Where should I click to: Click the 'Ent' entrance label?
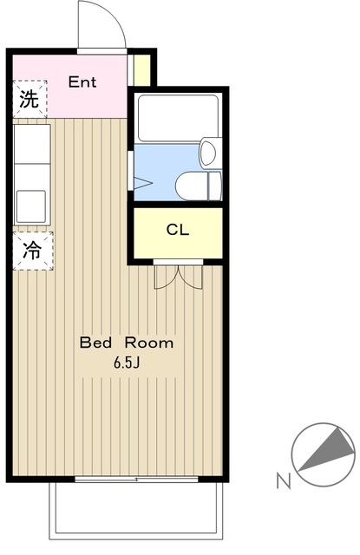pos(82,82)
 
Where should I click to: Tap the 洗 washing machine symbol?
pos(29,99)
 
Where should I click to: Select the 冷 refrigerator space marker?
pos(33,251)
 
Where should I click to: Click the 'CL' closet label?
pos(178,230)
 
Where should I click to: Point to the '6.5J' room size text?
pos(127,362)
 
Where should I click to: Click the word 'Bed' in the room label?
pos(96,343)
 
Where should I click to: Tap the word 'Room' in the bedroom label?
pos(149,343)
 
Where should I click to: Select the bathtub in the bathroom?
pos(178,118)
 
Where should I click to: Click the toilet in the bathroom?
pos(199,186)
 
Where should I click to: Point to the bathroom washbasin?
pos(210,153)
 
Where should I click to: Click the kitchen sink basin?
pos(31,206)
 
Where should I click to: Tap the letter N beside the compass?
pos(284,481)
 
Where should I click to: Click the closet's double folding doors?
pos(179,277)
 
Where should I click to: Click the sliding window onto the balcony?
pos(136,480)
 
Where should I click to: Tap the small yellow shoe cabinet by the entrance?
pos(142,70)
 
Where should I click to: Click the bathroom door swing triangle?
pos(143,183)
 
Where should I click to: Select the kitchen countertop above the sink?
pos(32,144)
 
